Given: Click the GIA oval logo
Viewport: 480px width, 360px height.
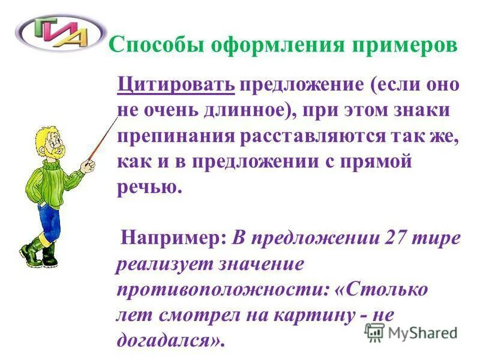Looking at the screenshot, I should [x=54, y=33].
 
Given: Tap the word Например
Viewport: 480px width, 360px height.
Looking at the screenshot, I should [x=173, y=238].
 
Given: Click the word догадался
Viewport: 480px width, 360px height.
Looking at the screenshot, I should [x=170, y=340].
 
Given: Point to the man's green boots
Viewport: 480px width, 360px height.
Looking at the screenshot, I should [x=39, y=252].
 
